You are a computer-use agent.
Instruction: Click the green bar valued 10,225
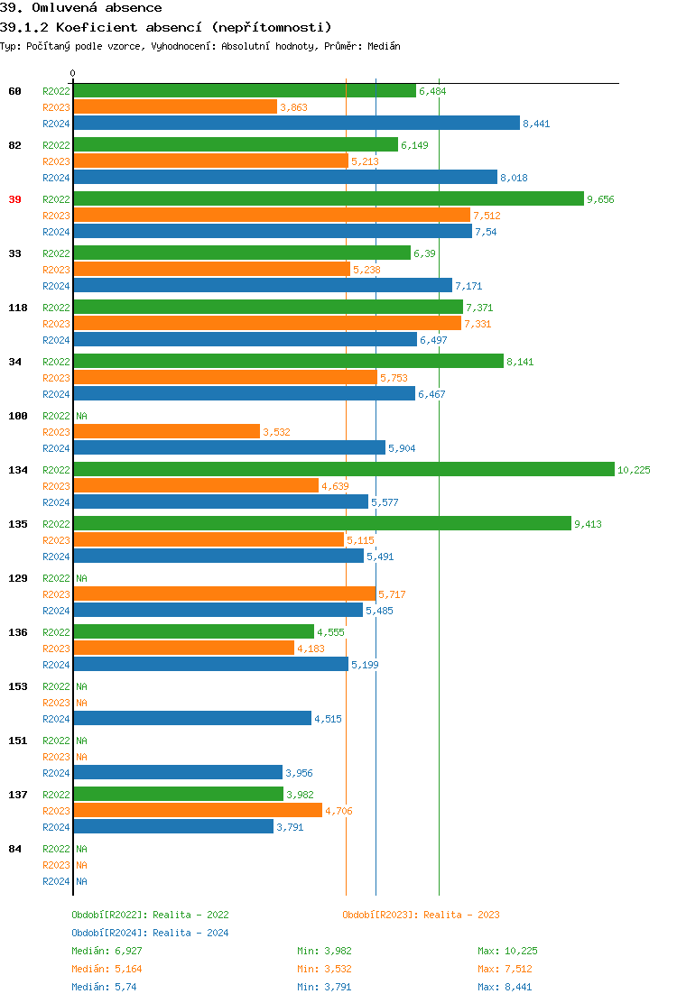click(x=343, y=469)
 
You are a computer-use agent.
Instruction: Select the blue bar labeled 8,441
click(x=296, y=123)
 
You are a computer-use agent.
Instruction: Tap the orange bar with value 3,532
click(x=166, y=431)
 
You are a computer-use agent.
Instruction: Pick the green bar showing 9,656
click(x=328, y=198)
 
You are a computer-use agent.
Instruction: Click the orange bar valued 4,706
click(x=197, y=810)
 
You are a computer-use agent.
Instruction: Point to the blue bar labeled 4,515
click(x=191, y=718)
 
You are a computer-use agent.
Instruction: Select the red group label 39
click(x=14, y=199)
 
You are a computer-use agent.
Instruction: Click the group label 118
click(x=18, y=308)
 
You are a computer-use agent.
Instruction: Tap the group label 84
click(x=14, y=849)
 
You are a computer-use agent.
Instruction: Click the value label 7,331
click(x=478, y=324)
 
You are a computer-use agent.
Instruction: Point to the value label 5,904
click(x=402, y=448)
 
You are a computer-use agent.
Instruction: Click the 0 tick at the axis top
click(x=73, y=73)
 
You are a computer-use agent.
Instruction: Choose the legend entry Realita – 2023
click(x=421, y=915)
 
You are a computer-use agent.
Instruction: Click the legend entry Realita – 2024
click(x=150, y=933)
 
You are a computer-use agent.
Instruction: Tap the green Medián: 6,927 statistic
click(x=107, y=951)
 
